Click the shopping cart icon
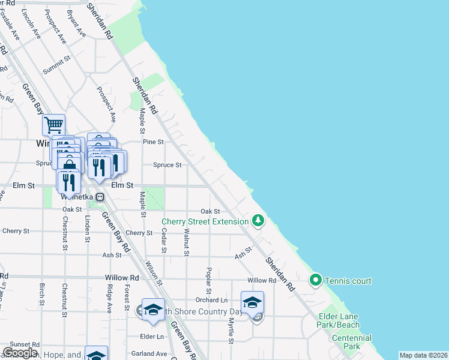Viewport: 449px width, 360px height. [x=53, y=125]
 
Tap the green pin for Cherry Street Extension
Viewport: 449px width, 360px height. [x=258, y=221]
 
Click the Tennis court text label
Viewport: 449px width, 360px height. [x=348, y=281]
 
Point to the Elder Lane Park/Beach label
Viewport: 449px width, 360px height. [x=339, y=320]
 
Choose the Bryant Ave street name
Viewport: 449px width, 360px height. [x=76, y=24]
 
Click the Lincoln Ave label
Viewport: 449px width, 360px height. [x=30, y=25]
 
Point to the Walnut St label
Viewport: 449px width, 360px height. [x=187, y=242]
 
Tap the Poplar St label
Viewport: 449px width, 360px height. [x=209, y=281]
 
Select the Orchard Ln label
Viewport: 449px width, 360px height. [x=211, y=300]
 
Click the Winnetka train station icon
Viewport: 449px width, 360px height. [x=101, y=197]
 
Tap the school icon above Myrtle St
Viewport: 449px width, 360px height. [x=253, y=302]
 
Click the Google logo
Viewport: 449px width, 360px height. [x=20, y=352]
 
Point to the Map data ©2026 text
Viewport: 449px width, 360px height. [x=423, y=355]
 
